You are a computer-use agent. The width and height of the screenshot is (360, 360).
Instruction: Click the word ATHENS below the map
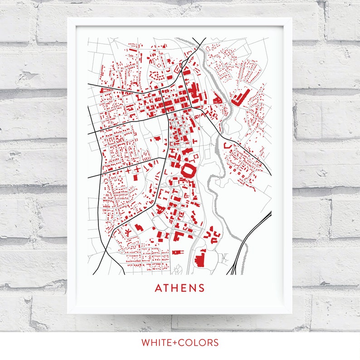pyautogui.click(x=180, y=288)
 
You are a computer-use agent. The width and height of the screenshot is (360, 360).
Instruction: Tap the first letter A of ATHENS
pyautogui.click(x=158, y=288)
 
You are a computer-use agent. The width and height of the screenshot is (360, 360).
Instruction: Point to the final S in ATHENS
pyautogui.click(x=201, y=288)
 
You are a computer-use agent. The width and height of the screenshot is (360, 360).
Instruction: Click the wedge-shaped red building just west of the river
pyautogui.click(x=217, y=98)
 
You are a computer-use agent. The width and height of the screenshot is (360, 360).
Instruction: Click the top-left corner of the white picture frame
pyautogui.click(x=68, y=19)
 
